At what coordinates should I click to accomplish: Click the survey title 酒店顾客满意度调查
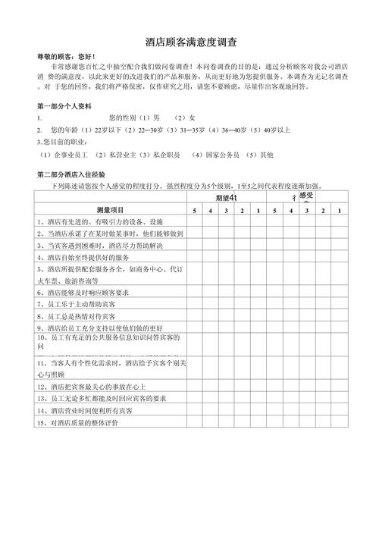pos(189,43)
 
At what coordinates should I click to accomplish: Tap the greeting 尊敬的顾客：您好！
pos(66,58)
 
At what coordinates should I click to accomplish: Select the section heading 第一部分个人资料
pos(64,105)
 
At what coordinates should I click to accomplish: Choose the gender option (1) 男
pos(150,118)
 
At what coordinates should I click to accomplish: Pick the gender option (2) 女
pos(185,118)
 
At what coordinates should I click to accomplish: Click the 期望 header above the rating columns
pos(227,197)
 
